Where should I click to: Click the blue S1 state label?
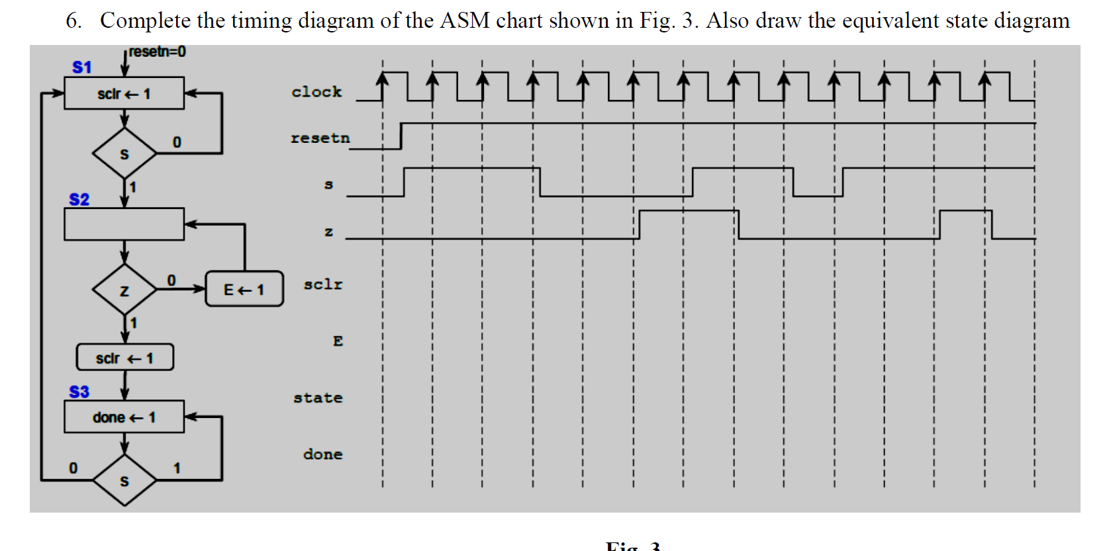(82, 67)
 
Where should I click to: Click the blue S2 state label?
(79, 199)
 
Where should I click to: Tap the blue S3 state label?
(79, 392)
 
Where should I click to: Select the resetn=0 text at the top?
(157, 52)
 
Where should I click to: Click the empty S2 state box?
(124, 224)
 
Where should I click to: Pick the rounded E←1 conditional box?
(244, 289)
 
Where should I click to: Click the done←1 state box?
(124, 417)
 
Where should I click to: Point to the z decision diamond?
(124, 290)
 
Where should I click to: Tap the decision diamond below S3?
(124, 480)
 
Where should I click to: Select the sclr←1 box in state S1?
(124, 93)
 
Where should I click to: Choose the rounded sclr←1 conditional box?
(124, 357)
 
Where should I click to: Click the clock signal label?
(316, 92)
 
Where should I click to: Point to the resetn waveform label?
(320, 138)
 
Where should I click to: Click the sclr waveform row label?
(323, 284)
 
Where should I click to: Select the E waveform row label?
(338, 341)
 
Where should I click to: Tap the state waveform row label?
(318, 398)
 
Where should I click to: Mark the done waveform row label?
(322, 454)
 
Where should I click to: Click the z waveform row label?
(328, 232)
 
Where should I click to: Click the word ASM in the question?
(464, 21)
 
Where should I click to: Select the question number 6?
(73, 21)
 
